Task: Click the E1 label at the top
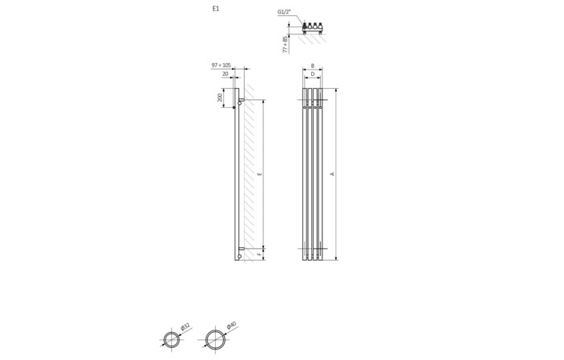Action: pos(216,8)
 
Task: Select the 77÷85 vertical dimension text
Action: pos(285,44)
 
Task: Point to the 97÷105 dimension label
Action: pos(222,65)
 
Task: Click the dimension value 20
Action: pos(225,74)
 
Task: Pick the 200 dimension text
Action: pos(221,98)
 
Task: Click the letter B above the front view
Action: pos(313,66)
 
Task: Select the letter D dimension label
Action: pos(313,74)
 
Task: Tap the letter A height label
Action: pos(332,174)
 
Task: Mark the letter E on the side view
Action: pos(259,174)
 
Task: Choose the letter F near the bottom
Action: pos(259,254)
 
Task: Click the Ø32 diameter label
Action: pos(185,327)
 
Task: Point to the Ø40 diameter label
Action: pos(231,326)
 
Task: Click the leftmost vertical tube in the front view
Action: pos(305,174)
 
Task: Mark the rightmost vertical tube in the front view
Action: pos(321,174)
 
